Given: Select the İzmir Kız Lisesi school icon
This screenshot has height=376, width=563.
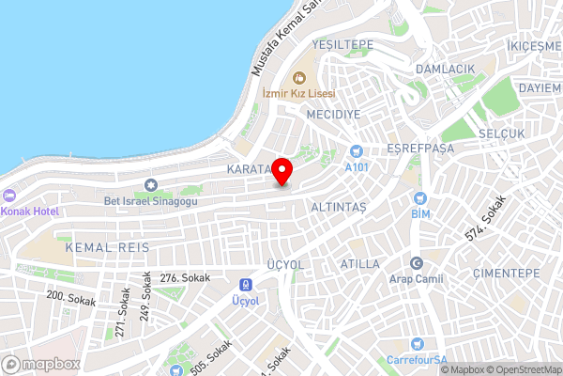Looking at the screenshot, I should click(x=301, y=77).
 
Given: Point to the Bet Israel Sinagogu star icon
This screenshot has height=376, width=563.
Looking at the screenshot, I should click(x=151, y=185).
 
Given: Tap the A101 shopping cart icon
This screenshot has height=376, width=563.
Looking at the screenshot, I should click(x=357, y=151).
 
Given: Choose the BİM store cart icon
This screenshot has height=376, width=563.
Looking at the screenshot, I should click(x=419, y=198).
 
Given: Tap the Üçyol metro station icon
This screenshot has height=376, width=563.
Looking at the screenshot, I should click(x=245, y=285).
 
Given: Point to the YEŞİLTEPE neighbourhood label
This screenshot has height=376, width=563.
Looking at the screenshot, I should click(x=342, y=45).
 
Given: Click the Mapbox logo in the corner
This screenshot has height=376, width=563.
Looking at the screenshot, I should click(x=40, y=364).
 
